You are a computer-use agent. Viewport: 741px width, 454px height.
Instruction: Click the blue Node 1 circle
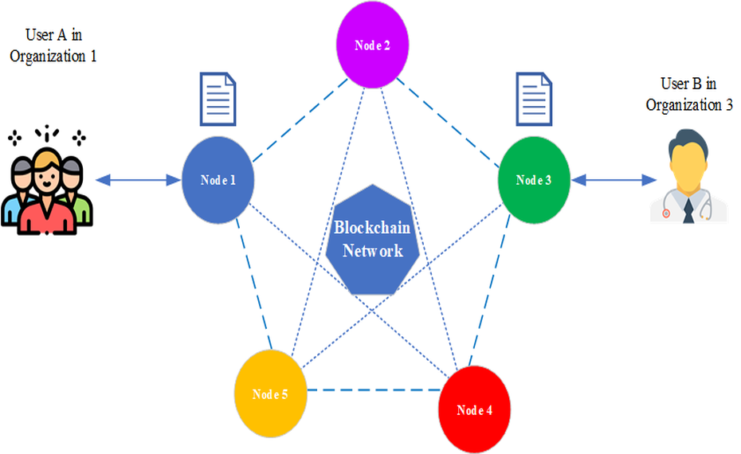(x=218, y=179)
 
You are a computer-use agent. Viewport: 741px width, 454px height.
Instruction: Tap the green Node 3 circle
(x=533, y=179)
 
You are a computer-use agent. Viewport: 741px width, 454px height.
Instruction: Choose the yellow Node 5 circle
(x=271, y=393)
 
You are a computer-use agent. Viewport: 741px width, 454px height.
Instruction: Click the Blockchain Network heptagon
(x=371, y=239)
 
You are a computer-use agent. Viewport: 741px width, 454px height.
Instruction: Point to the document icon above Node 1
(x=217, y=100)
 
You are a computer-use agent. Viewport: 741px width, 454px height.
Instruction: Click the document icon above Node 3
(x=533, y=100)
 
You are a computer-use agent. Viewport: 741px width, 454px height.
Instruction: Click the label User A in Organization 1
(x=56, y=45)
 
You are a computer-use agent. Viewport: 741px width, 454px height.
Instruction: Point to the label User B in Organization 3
(x=689, y=94)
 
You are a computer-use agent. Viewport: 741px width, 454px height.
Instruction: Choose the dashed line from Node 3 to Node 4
(x=501, y=291)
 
